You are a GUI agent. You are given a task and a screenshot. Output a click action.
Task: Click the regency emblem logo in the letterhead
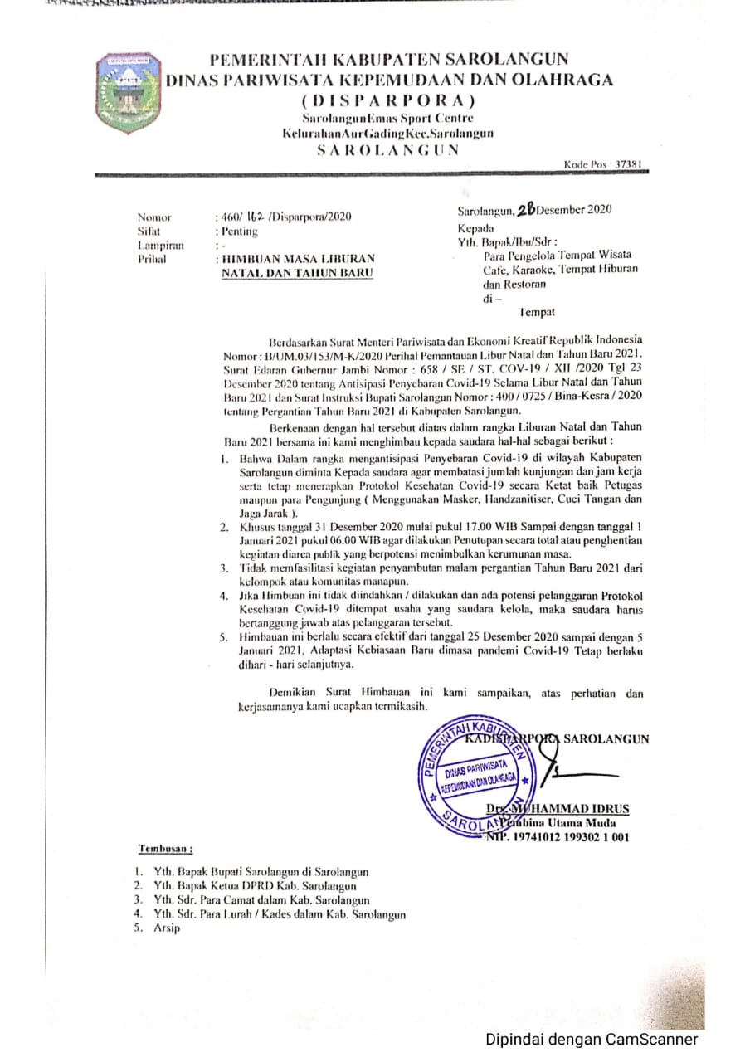(x=128, y=92)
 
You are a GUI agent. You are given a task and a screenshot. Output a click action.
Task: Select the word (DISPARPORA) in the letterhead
(x=389, y=101)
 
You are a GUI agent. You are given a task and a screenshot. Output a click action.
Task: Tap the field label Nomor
(x=154, y=217)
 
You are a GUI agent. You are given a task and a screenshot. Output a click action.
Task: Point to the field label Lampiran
(x=160, y=246)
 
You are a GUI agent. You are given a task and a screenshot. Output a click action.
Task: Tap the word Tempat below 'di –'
(x=536, y=312)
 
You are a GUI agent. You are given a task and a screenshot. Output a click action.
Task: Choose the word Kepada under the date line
(x=475, y=228)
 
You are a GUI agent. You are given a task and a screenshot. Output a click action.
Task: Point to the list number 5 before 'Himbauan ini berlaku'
(x=223, y=638)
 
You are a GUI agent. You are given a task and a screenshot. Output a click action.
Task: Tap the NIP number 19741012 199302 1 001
(x=562, y=838)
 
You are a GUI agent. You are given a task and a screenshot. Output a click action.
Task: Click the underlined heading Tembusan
(x=165, y=849)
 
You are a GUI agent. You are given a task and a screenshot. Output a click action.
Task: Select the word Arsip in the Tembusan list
(x=166, y=928)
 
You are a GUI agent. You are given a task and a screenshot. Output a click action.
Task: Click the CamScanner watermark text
(x=592, y=1039)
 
